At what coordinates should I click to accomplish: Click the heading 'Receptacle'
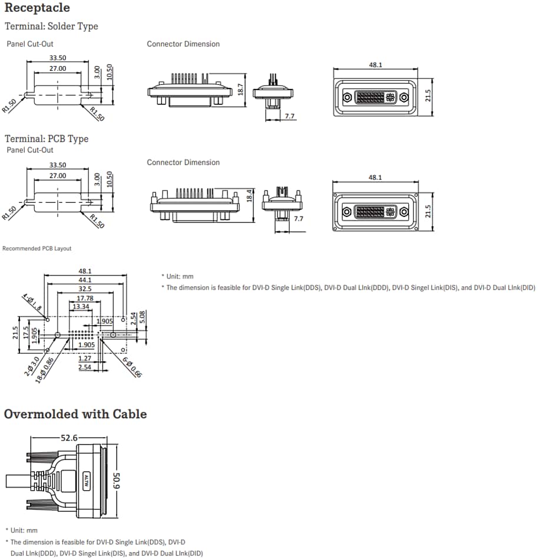click(x=37, y=8)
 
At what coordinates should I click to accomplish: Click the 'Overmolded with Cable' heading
click(x=75, y=414)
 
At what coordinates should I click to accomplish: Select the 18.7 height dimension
click(x=240, y=90)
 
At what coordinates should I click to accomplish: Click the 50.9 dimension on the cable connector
click(x=116, y=481)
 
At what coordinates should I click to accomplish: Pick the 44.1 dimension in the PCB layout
click(x=85, y=280)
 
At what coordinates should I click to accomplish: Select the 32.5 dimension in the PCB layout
click(x=85, y=289)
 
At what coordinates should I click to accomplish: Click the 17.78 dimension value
click(x=85, y=298)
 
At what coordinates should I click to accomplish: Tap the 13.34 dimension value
click(x=80, y=307)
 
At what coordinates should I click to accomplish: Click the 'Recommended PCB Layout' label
click(x=37, y=248)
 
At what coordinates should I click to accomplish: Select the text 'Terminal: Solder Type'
click(x=51, y=26)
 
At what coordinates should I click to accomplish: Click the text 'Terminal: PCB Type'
click(x=47, y=139)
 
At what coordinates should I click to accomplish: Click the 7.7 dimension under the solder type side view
click(x=290, y=116)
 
